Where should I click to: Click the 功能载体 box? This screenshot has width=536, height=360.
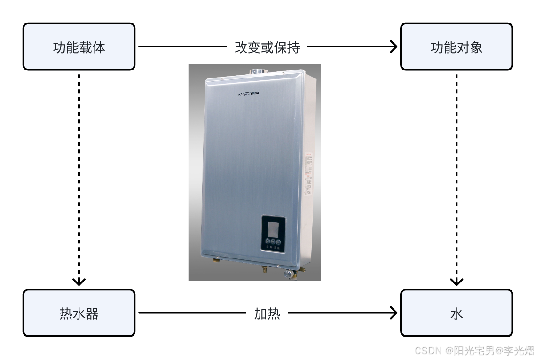[x=79, y=47]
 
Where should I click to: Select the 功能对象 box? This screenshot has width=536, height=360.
[x=456, y=47]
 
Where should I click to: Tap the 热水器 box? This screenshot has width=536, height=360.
[x=79, y=313]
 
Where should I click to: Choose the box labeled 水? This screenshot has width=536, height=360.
[x=456, y=313]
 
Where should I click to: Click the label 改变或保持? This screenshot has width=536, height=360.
[x=267, y=47]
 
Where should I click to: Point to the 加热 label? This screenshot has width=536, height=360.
[x=267, y=313]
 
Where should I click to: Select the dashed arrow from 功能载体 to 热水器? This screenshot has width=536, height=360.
[x=79, y=179]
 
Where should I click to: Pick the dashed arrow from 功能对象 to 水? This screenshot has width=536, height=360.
[x=456, y=179]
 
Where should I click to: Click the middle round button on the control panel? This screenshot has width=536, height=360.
[x=273, y=242]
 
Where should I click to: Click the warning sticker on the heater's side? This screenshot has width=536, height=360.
[x=308, y=174]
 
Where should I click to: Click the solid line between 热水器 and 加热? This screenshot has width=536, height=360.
[x=193, y=313]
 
